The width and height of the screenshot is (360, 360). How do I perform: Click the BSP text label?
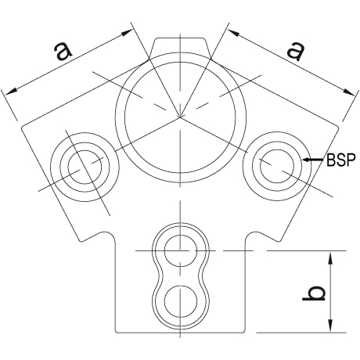[341, 160]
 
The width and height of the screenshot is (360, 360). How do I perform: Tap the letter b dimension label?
[314, 293]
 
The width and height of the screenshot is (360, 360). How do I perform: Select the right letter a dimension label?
[296, 51]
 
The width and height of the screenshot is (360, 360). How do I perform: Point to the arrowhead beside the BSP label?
[308, 160]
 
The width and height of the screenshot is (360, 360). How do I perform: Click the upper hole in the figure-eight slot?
[180, 250]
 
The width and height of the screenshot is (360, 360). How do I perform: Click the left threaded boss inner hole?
[85, 167]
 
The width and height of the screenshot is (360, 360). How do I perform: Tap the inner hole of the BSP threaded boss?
[277, 166]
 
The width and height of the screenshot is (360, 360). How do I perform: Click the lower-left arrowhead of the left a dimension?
[11, 92]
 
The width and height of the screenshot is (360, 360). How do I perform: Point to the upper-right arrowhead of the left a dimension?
[127, 32]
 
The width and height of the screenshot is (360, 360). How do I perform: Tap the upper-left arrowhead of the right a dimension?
[234, 32]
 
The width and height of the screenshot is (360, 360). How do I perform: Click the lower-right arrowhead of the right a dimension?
[349, 92]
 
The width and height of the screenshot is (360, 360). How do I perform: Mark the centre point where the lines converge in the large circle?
[180, 117]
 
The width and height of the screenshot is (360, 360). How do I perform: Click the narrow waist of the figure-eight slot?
[181, 275]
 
